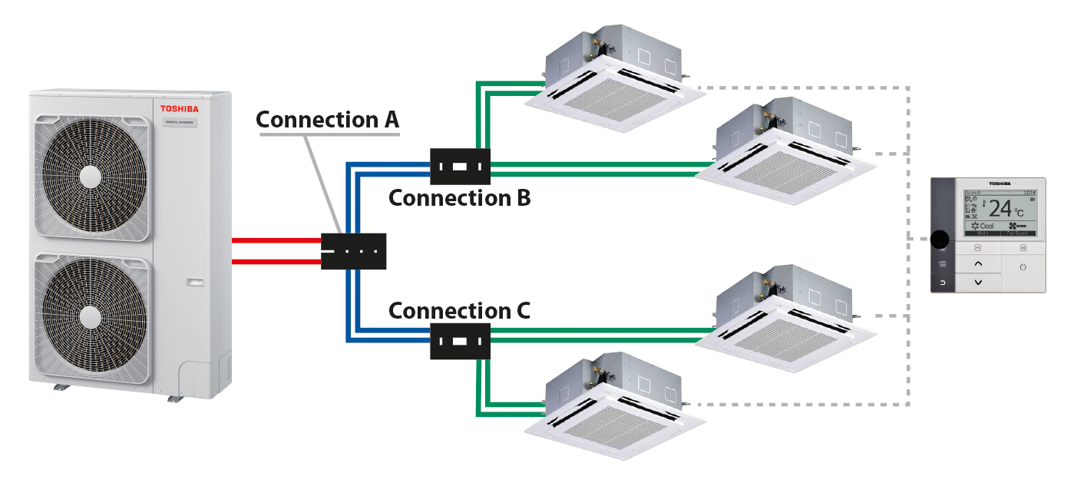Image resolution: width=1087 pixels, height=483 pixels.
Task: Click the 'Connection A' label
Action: tap(327, 120)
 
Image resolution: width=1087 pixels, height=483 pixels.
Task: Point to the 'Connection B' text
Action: tap(459, 197)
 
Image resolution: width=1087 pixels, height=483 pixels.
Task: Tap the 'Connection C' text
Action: tap(459, 311)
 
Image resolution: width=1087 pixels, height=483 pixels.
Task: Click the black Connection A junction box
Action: tap(353, 251)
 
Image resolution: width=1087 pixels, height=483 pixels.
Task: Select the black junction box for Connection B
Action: tap(460, 167)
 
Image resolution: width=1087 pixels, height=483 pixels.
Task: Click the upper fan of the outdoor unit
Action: tap(91, 174)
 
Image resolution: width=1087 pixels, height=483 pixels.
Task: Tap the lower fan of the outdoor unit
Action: tap(91, 315)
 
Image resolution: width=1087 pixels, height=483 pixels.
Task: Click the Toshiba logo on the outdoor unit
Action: tap(179, 110)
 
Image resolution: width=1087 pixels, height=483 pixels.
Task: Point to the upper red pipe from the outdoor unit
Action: tap(276, 241)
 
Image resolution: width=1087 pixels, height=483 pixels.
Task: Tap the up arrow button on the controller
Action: tap(978, 263)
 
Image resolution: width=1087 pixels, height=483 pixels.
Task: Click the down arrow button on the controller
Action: tap(978, 283)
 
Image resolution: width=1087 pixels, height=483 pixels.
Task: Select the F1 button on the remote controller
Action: tap(978, 247)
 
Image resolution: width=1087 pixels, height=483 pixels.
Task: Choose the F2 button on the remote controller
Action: tap(1023, 247)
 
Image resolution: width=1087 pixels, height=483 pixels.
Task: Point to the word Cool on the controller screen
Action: tap(986, 227)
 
